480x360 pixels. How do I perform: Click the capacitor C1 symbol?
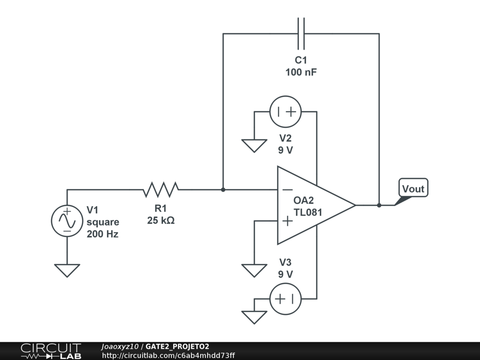(x=301, y=34)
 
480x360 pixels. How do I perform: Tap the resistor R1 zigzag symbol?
(x=161, y=190)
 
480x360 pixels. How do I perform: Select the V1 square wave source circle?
(x=67, y=220)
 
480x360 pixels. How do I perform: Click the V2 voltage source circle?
(x=285, y=112)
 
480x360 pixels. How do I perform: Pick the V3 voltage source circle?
(x=285, y=299)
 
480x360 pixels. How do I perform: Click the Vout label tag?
(x=413, y=189)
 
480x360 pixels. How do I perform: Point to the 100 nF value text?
(x=301, y=72)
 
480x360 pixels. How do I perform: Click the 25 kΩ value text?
(x=161, y=220)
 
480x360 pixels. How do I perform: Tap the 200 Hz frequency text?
(x=103, y=234)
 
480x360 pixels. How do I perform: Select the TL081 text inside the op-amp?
(x=307, y=212)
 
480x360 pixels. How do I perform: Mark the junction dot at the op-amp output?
(x=379, y=205)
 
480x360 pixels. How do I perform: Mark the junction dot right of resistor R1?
(x=223, y=190)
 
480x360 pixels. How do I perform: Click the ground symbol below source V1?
(x=67, y=270)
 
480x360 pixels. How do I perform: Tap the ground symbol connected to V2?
(x=254, y=145)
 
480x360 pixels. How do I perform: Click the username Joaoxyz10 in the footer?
(x=120, y=346)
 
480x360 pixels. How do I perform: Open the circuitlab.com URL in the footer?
(x=168, y=355)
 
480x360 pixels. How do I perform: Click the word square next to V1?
(x=103, y=222)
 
